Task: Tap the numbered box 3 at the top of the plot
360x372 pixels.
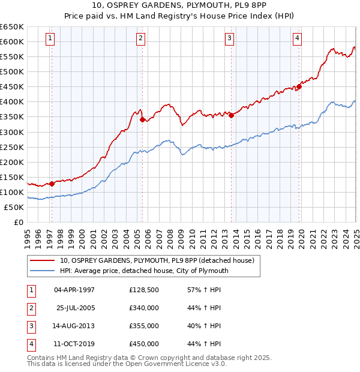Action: pyautogui.click(x=230, y=39)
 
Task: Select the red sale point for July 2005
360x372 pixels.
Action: pyautogui.click(x=143, y=119)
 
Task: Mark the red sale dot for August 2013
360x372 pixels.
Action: pyautogui.click(x=232, y=115)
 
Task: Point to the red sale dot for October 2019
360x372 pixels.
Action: pyautogui.click(x=299, y=86)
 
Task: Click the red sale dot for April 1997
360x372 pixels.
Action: pyautogui.click(x=52, y=184)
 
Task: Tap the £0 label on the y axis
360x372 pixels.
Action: pyautogui.click(x=18, y=222)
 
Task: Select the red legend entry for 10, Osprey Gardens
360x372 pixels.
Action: pyautogui.click(x=157, y=260)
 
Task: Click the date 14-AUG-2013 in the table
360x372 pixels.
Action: pyautogui.click(x=74, y=326)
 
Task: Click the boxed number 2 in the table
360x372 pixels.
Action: pyautogui.click(x=30, y=308)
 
